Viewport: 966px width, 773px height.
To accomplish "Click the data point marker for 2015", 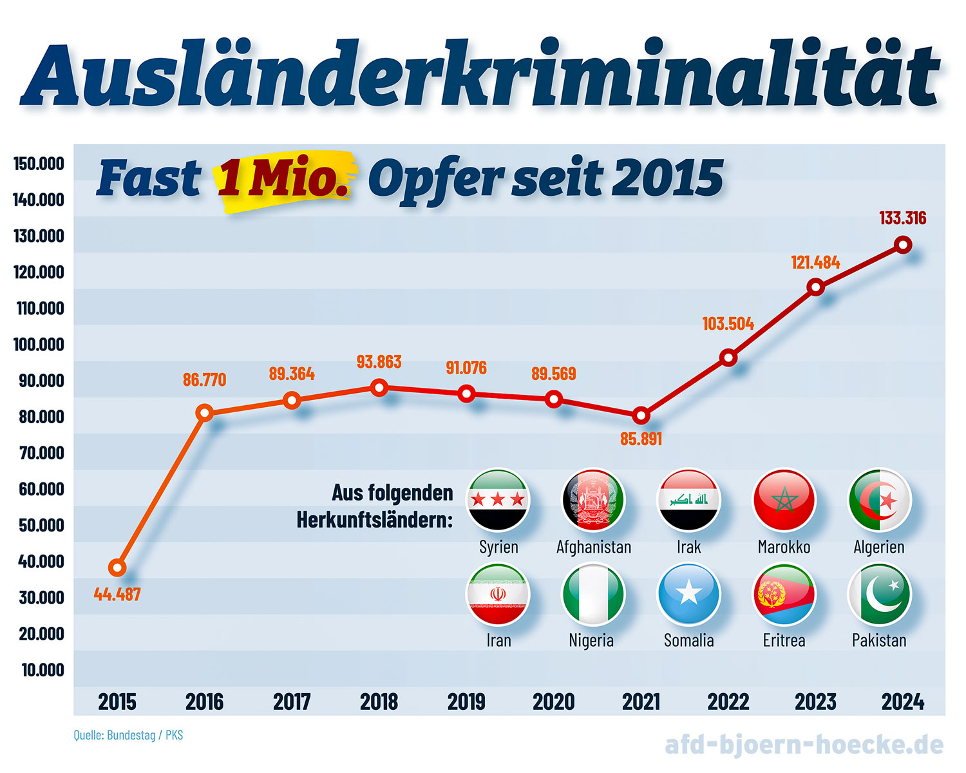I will coord(117,568).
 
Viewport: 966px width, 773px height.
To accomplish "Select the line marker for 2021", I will coord(641,415).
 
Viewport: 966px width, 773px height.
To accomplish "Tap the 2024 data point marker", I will coord(903,245).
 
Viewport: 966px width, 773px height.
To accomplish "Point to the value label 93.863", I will coord(379,362).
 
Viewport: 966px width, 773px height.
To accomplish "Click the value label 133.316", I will coord(903,218).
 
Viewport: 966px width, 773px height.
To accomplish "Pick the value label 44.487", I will coord(117,595).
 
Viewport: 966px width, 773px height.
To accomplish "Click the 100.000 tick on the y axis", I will coord(39,345).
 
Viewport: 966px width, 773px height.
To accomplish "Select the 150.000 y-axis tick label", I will coord(39,164).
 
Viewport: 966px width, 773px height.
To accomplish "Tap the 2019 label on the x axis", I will coord(466,701).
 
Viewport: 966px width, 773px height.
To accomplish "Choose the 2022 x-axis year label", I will coord(728,701).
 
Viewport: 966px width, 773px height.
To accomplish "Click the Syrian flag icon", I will coord(498,500).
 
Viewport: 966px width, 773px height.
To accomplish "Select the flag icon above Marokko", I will coord(784,500).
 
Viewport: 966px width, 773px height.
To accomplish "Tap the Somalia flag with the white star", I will coord(688,594).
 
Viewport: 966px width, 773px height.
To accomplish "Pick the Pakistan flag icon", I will coord(879,594).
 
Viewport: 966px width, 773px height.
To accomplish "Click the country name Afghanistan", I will coord(594,547).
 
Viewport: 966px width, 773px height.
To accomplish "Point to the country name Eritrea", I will coord(784,640).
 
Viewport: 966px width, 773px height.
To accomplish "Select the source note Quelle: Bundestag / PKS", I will coord(128,735).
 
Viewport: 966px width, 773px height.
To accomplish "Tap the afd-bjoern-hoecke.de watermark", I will coord(804,745).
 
